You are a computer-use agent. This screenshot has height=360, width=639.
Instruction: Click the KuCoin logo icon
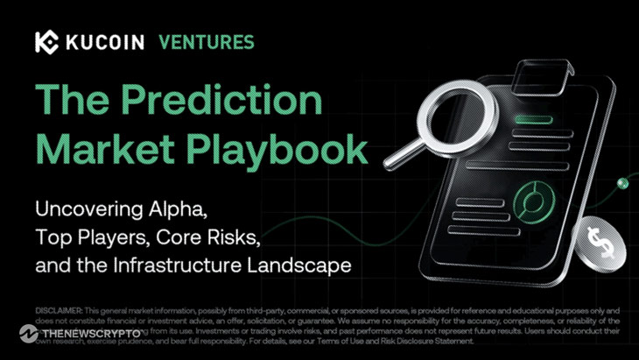pyautogui.click(x=48, y=42)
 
